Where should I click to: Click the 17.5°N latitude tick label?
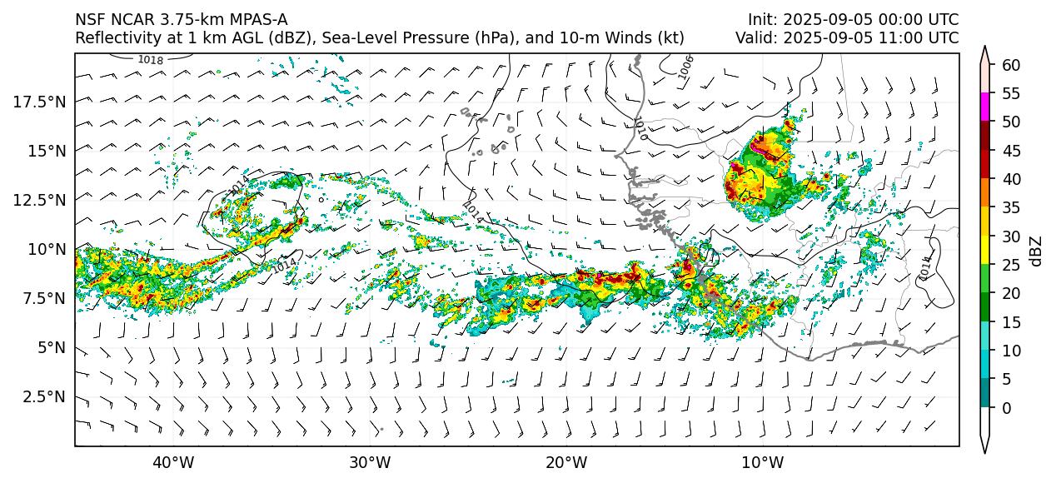pyautogui.click(x=40, y=102)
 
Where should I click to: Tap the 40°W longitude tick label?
pyautogui.click(x=173, y=462)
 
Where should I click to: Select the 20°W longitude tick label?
pyautogui.click(x=566, y=462)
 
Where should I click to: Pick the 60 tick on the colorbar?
pyautogui.click(x=1011, y=65)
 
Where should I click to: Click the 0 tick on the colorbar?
pyautogui.click(x=1007, y=408)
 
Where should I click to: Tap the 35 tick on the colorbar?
pyautogui.click(x=1011, y=207)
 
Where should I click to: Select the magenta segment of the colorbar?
pyautogui.click(x=985, y=107)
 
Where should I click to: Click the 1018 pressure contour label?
pyautogui.click(x=151, y=60)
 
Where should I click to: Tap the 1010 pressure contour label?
pyautogui.click(x=640, y=128)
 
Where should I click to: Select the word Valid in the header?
pyautogui.click(x=754, y=38)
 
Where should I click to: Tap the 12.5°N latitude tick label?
pyautogui.click(x=40, y=200)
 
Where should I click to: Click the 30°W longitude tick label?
pyautogui.click(x=370, y=462)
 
